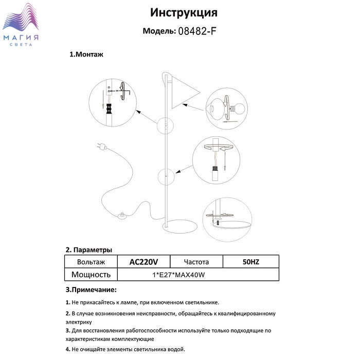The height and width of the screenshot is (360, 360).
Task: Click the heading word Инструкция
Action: coord(184,12)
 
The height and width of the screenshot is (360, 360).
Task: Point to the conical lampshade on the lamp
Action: coord(183,92)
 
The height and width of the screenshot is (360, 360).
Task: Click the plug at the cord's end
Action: coord(100,148)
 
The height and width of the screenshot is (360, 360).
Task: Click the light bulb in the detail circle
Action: coord(237,109)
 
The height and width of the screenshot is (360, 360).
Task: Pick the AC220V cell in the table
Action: coord(143,262)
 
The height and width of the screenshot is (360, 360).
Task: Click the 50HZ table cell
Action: coord(250,262)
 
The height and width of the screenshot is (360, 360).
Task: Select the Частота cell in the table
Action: coord(197,262)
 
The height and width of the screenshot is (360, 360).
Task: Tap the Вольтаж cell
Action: coord(89,262)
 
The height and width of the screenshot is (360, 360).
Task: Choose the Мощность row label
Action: coord(91,274)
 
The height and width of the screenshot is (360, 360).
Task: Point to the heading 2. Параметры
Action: coord(89,250)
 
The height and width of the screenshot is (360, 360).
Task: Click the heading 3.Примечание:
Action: coord(91,290)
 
